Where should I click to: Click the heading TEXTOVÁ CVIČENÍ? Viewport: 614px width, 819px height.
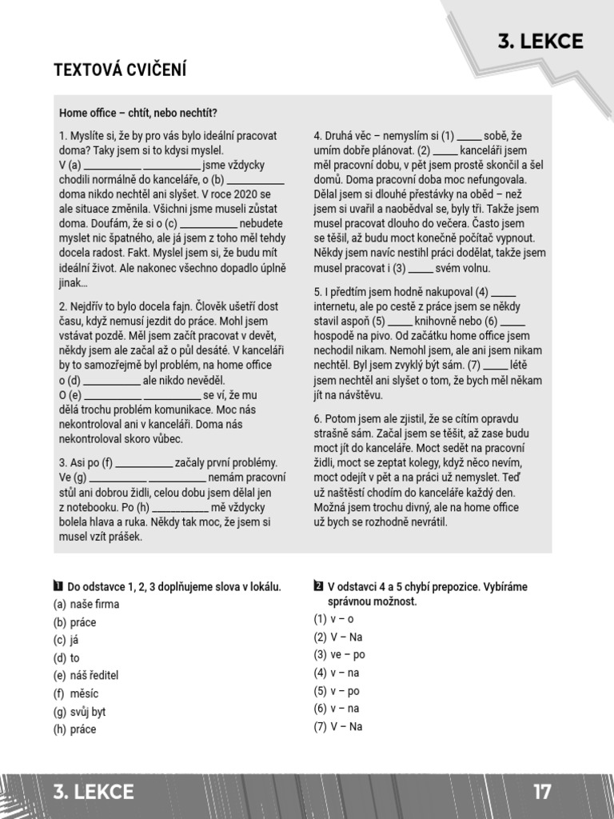[119, 70]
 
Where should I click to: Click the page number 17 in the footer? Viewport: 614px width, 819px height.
[542, 792]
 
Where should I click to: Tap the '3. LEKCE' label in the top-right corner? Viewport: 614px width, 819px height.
[540, 42]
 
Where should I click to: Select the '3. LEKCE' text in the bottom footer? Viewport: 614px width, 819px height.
[94, 792]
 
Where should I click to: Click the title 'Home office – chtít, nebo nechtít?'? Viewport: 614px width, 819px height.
[138, 113]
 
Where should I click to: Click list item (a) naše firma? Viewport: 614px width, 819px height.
[86, 605]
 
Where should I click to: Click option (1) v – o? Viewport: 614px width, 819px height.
[333, 619]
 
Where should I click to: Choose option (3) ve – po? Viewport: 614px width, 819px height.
[339, 654]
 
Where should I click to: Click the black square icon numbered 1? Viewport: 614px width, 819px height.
[58, 586]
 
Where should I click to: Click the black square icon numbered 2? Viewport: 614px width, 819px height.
[318, 586]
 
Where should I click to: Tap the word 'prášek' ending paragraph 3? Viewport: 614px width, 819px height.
[125, 537]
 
